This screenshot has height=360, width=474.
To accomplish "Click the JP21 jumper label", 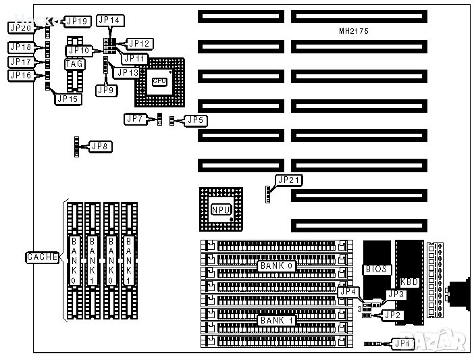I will [x=289, y=180].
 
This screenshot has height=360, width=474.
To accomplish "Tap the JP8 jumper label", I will [x=101, y=146].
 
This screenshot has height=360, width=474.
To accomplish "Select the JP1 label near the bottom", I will [x=403, y=344].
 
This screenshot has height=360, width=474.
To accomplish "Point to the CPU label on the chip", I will [x=159, y=82].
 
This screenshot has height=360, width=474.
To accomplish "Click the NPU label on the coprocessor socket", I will [x=219, y=209].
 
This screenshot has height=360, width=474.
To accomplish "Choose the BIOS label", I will [x=376, y=269].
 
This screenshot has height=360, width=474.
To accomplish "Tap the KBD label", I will [x=409, y=282].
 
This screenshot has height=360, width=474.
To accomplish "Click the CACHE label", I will [x=43, y=257].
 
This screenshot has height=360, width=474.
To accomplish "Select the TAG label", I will [x=74, y=64].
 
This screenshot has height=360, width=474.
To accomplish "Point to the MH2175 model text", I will [x=353, y=32].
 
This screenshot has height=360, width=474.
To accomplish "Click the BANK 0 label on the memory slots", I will [x=276, y=266].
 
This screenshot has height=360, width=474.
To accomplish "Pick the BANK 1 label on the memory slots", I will [x=276, y=320].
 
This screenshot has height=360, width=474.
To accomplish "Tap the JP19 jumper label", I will [x=78, y=21].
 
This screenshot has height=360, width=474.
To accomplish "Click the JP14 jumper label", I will [x=109, y=20].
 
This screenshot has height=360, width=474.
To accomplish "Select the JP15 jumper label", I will [x=68, y=99].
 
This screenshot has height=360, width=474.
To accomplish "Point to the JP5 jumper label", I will [x=195, y=120].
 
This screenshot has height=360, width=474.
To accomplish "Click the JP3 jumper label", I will [x=396, y=294].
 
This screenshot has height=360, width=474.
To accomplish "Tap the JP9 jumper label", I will [x=105, y=89].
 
